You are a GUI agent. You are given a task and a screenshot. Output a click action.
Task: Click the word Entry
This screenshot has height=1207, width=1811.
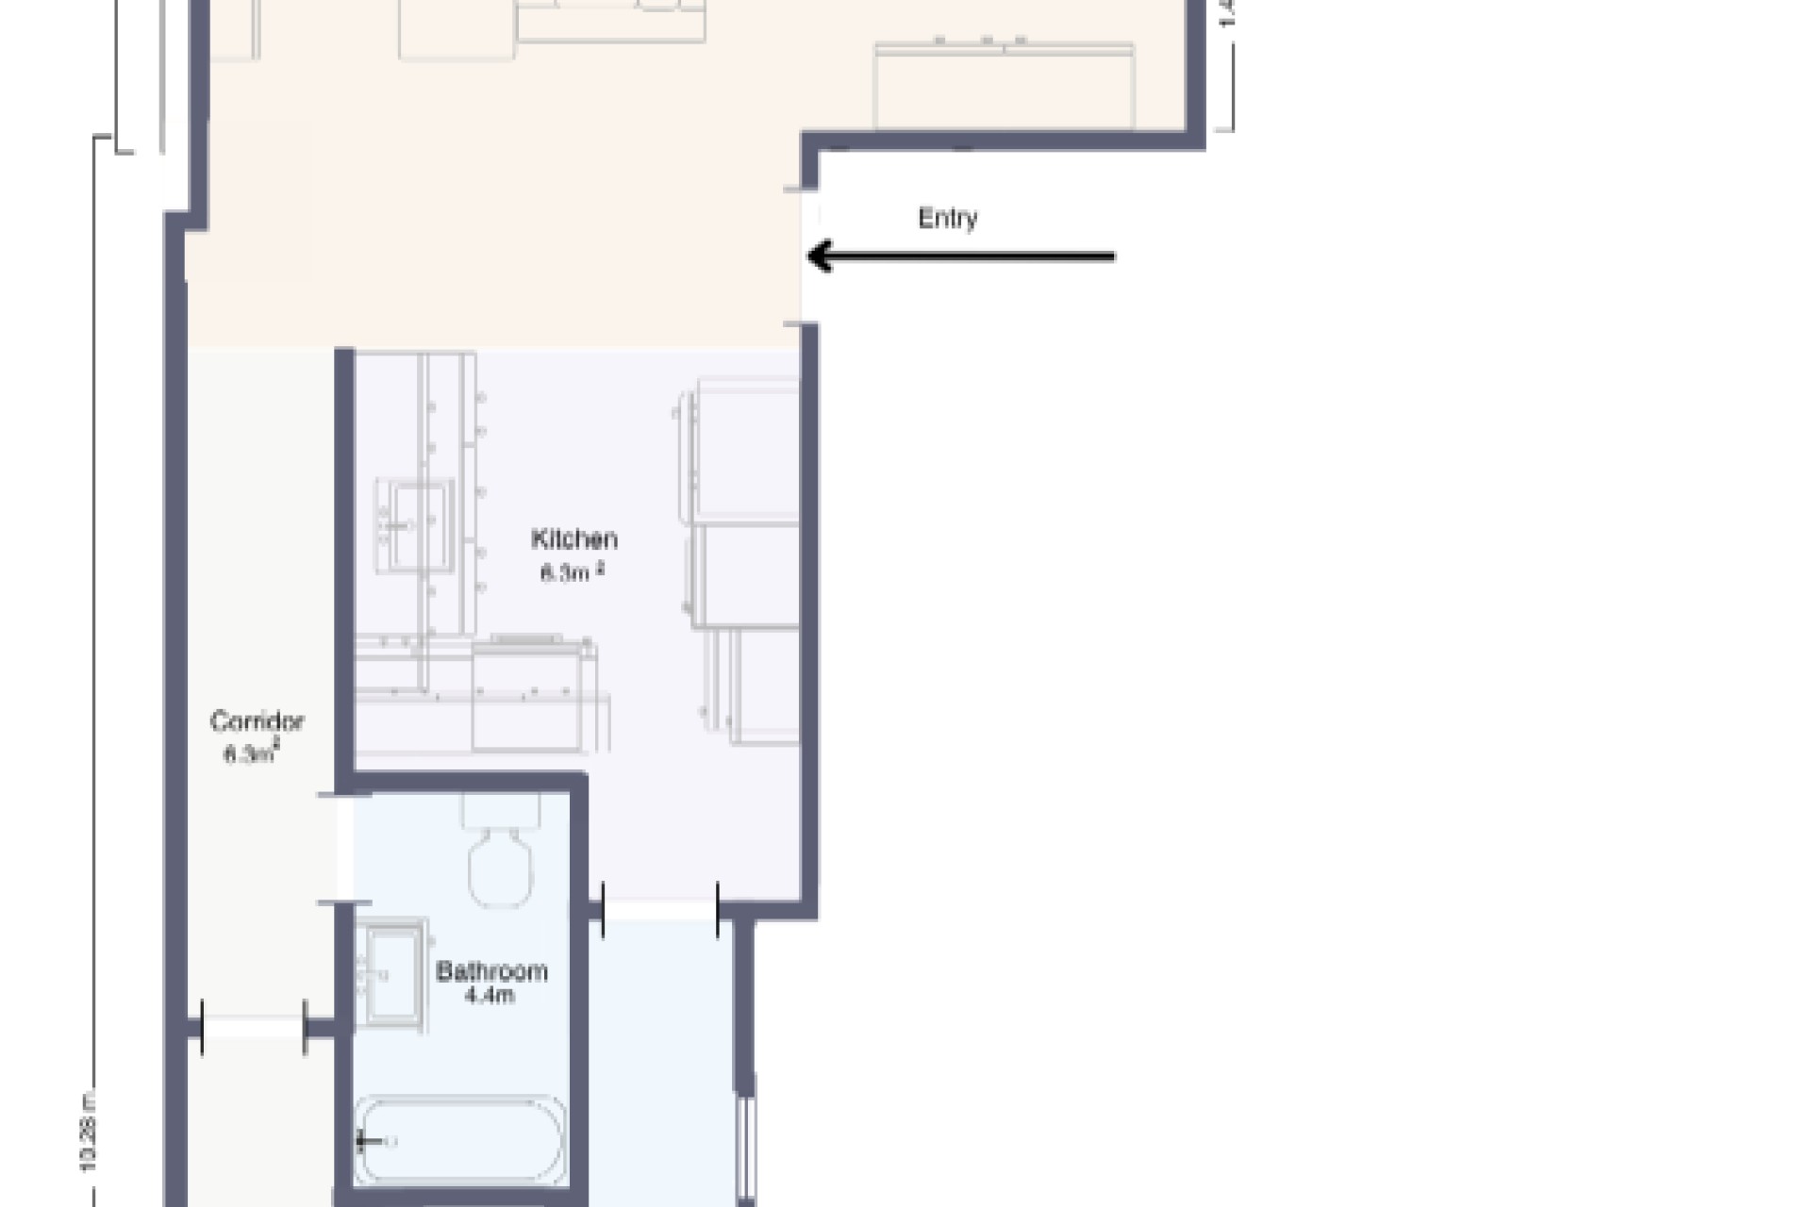pos(947,219)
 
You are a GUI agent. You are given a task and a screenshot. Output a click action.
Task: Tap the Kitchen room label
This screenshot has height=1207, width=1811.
pos(574,539)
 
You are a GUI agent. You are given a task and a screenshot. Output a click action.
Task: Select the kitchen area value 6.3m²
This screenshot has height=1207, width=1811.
pos(572,572)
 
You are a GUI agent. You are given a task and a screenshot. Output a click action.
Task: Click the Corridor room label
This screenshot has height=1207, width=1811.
pos(257,722)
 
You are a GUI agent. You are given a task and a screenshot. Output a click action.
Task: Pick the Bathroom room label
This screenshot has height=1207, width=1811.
pos(491,971)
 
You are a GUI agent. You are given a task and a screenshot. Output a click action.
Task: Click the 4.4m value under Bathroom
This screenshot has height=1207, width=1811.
pos(490,996)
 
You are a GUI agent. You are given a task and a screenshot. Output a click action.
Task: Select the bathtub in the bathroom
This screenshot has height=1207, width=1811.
pos(461,1142)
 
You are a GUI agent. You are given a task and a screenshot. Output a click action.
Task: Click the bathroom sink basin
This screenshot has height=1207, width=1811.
pos(394,974)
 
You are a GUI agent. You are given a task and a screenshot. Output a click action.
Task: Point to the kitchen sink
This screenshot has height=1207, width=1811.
pos(414,525)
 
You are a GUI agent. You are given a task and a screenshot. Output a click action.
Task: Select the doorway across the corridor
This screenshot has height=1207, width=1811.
pos(253,1026)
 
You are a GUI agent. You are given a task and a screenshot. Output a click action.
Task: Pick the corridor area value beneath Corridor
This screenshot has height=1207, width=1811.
pos(251,754)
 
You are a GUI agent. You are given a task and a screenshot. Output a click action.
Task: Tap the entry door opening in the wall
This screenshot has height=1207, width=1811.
pos(808,256)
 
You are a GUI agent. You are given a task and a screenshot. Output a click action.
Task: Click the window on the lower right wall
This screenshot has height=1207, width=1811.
pos(746,1146)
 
